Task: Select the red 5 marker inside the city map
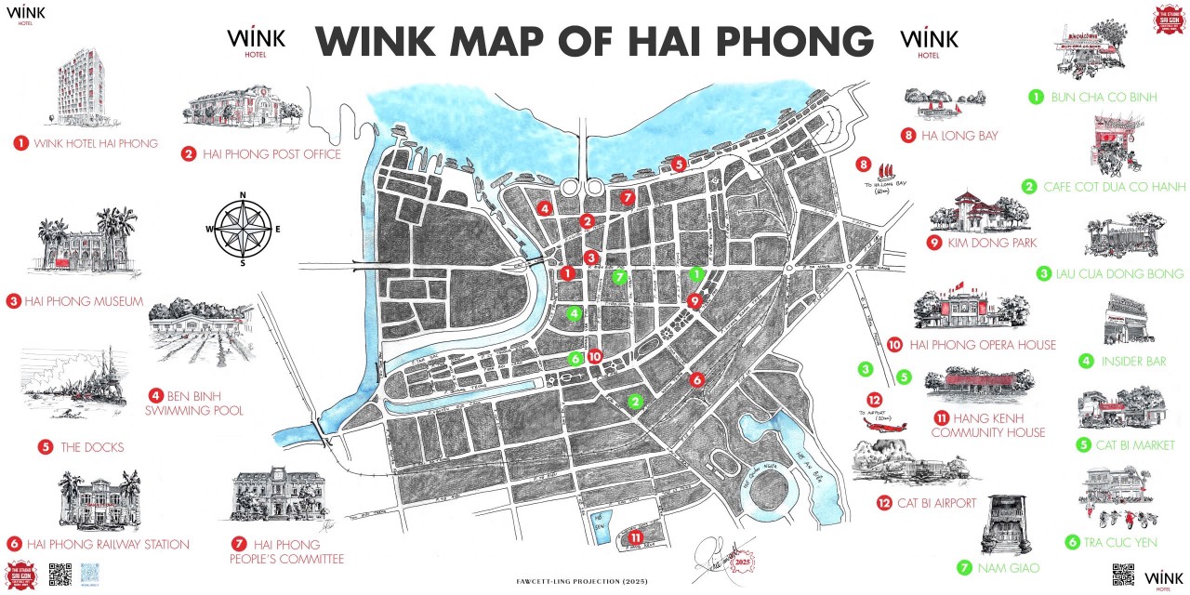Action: tap(679, 164)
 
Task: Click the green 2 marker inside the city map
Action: tap(635, 402)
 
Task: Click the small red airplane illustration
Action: tap(883, 425)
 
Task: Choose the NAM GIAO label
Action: tap(1008, 567)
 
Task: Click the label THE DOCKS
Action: tap(92, 447)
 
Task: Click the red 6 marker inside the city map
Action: tap(697, 379)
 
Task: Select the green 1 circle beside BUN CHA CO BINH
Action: tap(1034, 96)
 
